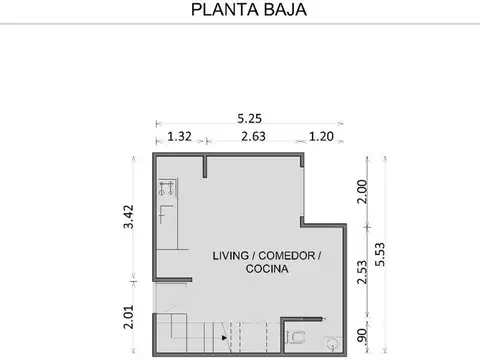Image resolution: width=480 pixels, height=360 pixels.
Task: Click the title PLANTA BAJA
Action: point(240,11)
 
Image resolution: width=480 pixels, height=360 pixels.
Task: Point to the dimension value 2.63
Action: point(252,137)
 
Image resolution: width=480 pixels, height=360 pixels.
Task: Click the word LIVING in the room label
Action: point(231,255)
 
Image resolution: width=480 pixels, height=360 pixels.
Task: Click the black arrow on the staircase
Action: point(225,338)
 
